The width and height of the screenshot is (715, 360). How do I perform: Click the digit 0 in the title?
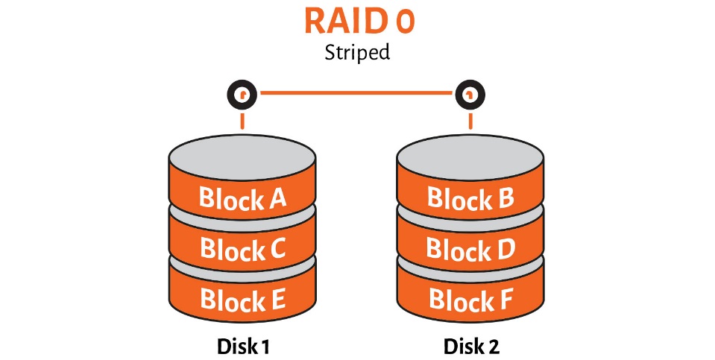[405, 22]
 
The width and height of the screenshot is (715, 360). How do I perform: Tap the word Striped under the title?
[357, 53]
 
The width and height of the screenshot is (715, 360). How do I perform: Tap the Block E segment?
[242, 297]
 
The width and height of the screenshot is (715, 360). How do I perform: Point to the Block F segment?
[470, 297]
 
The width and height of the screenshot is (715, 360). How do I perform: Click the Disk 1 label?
[244, 347]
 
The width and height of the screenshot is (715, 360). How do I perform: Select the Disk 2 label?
[471, 347]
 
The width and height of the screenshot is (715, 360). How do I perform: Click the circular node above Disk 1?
[242, 95]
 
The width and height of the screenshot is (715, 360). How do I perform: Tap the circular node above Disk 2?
[470, 95]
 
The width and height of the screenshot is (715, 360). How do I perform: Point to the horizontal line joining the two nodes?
[356, 93]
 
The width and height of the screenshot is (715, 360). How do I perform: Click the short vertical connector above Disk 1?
[242, 121]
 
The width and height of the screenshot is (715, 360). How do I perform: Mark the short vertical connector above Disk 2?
[470, 121]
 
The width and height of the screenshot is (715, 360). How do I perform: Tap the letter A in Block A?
[277, 198]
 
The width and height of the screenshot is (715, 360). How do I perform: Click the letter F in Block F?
[505, 300]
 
